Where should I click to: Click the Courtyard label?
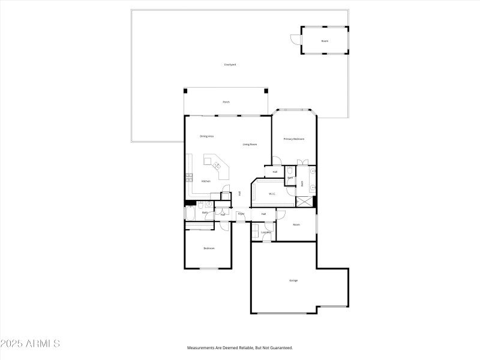230,64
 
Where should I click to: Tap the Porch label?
226,102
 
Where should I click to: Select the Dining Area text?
207,137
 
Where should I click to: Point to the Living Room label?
250,145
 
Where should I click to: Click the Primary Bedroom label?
294,139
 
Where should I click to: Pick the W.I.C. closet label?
272,194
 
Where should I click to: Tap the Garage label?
293,280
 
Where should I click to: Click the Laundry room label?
266,232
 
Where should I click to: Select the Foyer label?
241,214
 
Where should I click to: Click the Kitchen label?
206,181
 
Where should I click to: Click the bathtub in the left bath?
191,212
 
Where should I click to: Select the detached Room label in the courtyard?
325,41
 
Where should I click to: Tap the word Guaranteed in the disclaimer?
280,348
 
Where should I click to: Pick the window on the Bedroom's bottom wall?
209,269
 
